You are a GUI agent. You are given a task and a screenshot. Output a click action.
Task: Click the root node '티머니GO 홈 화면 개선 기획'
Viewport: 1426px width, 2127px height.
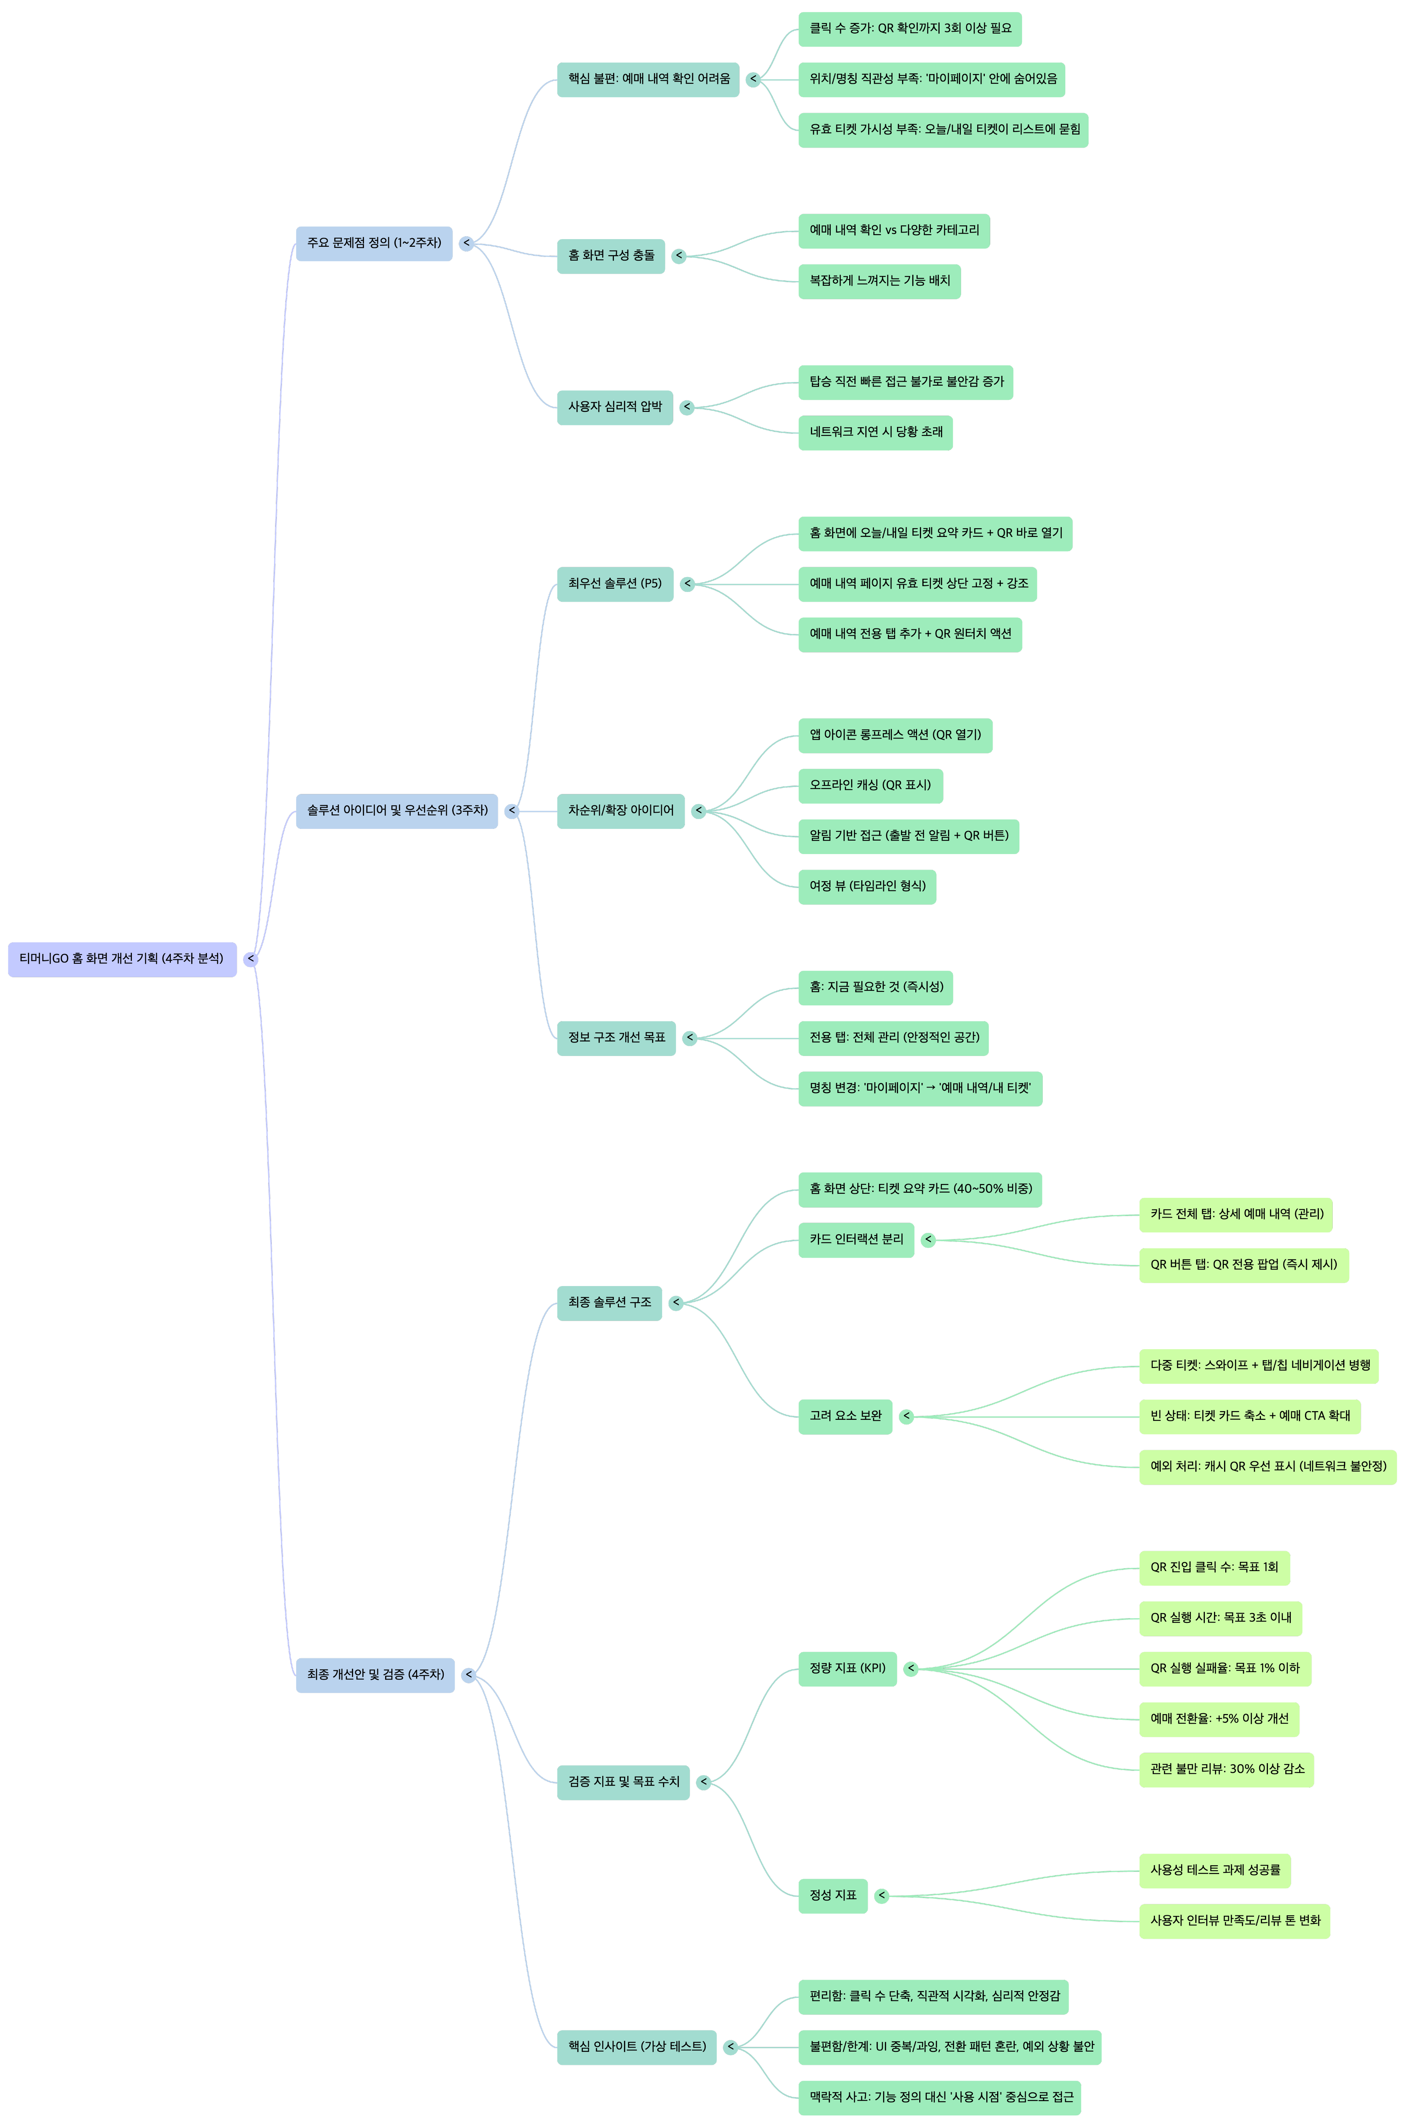(122, 959)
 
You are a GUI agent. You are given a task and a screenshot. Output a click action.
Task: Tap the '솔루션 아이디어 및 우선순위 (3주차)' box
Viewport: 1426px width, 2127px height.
(396, 811)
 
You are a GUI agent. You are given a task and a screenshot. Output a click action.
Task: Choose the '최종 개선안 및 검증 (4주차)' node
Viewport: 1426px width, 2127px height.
(375, 1675)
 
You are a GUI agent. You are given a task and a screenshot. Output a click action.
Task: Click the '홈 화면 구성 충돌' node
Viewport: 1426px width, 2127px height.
(610, 256)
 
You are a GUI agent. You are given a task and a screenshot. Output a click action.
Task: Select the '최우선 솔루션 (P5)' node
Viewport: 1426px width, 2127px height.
(615, 584)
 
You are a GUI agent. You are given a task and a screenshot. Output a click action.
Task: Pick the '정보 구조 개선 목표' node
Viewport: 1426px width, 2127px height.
(616, 1038)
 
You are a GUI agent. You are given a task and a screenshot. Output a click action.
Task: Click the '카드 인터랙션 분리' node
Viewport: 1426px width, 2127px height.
(856, 1240)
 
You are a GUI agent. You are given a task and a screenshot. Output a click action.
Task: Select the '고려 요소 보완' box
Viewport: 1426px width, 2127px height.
(845, 1417)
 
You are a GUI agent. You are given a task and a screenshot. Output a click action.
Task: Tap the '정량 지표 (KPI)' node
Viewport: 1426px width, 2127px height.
(847, 1668)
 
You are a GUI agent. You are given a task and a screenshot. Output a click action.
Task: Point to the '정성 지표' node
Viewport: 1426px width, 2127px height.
(832, 1896)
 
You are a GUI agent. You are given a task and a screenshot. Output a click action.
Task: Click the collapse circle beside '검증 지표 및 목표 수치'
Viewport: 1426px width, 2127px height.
(703, 1782)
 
